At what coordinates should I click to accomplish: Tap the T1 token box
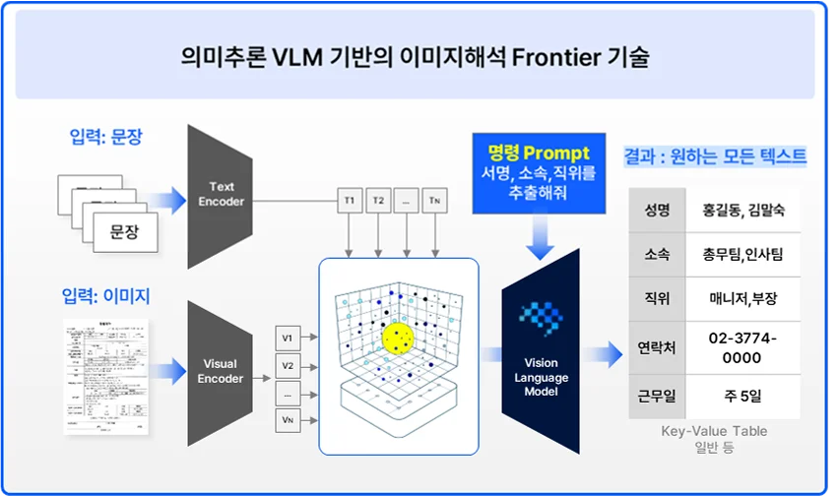(349, 201)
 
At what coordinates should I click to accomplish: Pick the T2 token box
(378, 201)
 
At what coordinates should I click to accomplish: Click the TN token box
(436, 201)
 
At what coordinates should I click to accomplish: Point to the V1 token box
(288, 338)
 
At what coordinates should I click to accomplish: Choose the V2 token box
(288, 365)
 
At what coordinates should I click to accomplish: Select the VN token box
(288, 420)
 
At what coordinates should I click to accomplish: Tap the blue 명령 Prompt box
(538, 174)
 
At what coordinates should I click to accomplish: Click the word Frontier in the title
(554, 57)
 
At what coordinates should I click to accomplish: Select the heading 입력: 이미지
(105, 294)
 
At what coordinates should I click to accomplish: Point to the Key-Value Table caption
(714, 431)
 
